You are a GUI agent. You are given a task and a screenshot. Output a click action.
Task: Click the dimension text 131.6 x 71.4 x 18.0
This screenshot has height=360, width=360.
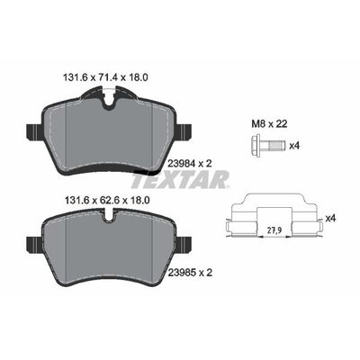[x=105, y=77]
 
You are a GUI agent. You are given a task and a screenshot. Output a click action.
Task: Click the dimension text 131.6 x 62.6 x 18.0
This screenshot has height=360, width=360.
[x=107, y=200]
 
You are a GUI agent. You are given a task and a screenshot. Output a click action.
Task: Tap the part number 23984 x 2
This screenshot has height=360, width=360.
[x=189, y=163]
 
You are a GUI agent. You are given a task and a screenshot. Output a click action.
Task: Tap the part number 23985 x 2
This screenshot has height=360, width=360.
[x=189, y=273]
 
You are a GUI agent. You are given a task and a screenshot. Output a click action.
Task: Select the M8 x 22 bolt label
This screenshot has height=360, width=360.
[x=269, y=123]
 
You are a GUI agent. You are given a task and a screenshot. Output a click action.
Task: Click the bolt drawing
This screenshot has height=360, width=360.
[x=267, y=146]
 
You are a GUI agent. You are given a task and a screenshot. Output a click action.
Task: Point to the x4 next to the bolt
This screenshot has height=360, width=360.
[x=294, y=146]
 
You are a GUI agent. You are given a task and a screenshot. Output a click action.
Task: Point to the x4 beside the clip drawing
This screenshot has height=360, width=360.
[x=330, y=219]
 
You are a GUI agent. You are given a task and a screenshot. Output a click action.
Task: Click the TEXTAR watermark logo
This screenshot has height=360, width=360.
[x=181, y=179]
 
